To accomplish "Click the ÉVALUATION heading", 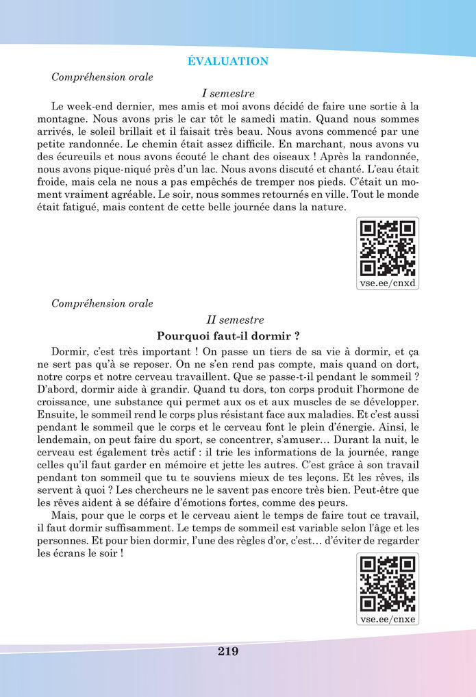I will pos(228,62).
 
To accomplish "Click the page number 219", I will pos(228,652).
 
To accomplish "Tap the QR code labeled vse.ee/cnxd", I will pos(388,247).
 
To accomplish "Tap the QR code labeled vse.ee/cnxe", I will pos(388,583).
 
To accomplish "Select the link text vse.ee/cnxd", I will pos(388,282).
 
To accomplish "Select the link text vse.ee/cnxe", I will pos(388,619).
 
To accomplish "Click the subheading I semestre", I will pos(228,93).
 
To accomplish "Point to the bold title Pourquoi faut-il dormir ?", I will pos(228,336).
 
